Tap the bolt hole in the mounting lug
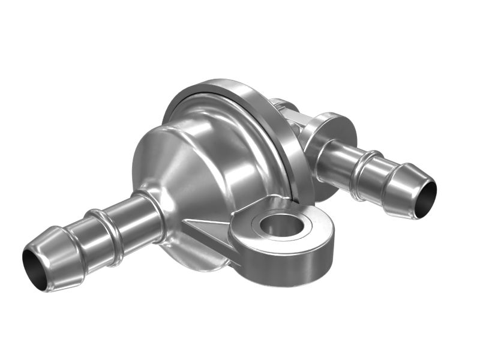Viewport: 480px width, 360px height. (280, 227)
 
